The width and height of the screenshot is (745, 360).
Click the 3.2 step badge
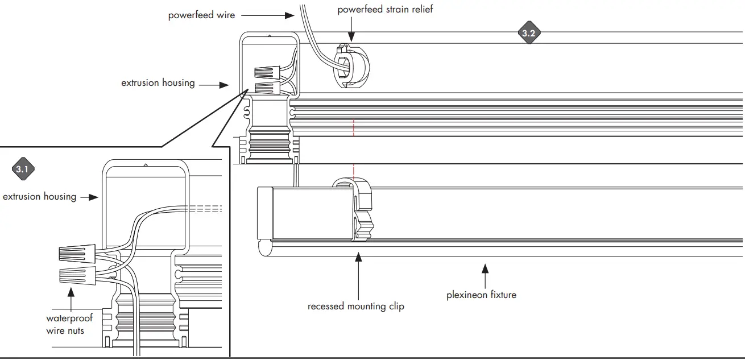tap(528, 33)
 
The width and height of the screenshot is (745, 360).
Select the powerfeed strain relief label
tap(385, 10)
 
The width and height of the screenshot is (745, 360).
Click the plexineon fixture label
tap(481, 295)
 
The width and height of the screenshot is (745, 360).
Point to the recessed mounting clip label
tap(355, 307)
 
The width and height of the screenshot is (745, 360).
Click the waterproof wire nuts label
tap(69, 324)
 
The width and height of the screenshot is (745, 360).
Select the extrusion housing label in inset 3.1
tap(39, 197)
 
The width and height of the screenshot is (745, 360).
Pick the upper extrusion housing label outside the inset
tap(158, 83)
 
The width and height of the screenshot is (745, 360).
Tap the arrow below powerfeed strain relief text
tap(351, 27)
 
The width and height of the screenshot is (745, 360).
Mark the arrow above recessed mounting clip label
tap(358, 273)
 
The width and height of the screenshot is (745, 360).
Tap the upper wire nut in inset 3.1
tap(77, 253)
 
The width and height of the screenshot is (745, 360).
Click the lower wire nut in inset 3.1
tap(77, 275)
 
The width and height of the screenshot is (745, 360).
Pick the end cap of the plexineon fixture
tap(266, 213)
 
